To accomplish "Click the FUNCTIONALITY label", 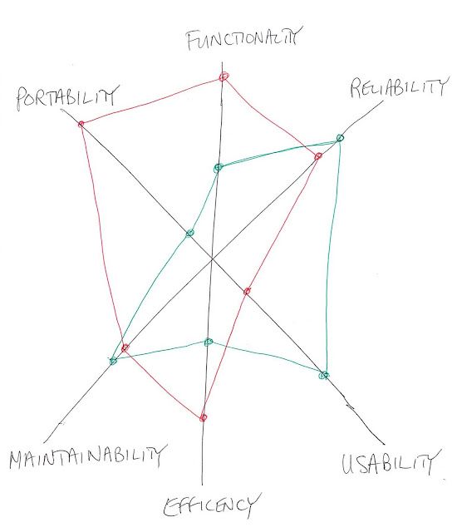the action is tap(243, 39).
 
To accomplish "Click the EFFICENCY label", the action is tap(212, 505).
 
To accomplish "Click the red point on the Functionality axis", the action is tap(224, 76).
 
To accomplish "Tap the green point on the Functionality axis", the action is tap(218, 168).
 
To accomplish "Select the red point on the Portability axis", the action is tap(81, 124).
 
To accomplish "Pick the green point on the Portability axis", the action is tap(189, 233).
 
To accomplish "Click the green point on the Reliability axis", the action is tap(340, 138).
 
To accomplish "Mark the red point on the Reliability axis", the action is tap(318, 156).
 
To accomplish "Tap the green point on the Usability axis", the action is tap(324, 375).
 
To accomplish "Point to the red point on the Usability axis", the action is tap(247, 291).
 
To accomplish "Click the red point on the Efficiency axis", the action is tap(203, 417).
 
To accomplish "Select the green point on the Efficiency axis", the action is tap(209, 342).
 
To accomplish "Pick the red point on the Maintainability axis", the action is tap(125, 347).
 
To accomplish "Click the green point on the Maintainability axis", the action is tap(113, 361).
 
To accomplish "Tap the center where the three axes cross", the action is tap(212, 259).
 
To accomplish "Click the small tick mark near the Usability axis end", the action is tap(349, 405).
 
